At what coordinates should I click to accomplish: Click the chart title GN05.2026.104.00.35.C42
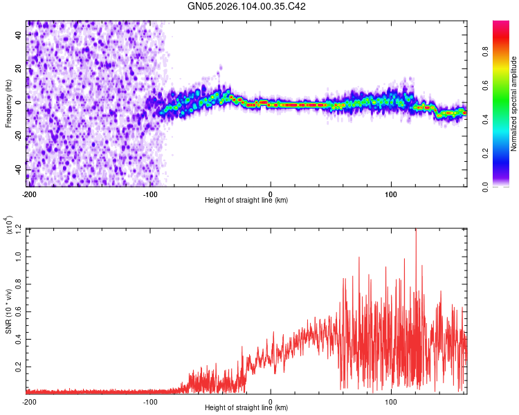(x=246, y=6)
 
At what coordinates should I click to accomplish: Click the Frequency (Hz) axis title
(x=8, y=104)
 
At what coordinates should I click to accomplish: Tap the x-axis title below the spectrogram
(x=246, y=201)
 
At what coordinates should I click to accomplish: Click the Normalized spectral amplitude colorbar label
(x=514, y=104)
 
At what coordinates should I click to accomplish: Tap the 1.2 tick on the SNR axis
(x=19, y=229)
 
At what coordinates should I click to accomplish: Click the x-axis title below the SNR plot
(x=246, y=408)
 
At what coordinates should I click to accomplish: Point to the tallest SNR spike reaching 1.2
(x=416, y=231)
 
